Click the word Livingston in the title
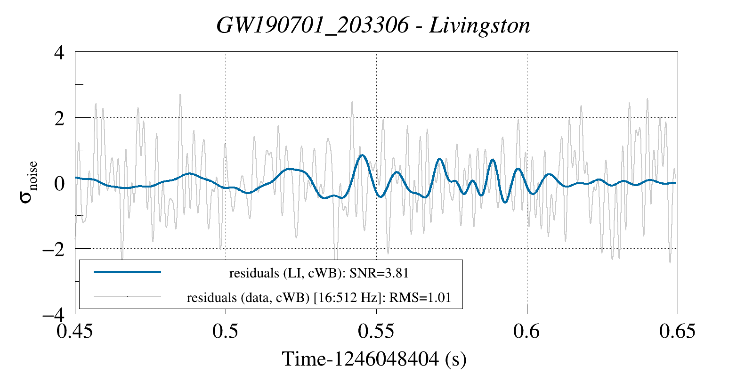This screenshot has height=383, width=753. pos(480,25)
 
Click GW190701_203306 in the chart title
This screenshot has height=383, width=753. pos(313,25)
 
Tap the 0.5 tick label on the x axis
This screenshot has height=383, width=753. pos(226,331)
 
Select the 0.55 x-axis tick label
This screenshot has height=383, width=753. pos(376,331)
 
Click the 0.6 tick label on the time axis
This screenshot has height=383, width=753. pos(527,331)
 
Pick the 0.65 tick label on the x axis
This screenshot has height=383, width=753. pos(677,331)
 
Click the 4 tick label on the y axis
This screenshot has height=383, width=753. pos(59,52)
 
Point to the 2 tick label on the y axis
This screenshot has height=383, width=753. pos(59,118)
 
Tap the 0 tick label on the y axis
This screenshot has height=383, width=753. pos(59,183)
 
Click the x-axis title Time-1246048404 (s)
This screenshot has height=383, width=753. pos(374,359)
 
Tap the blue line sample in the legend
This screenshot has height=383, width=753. pos(128,272)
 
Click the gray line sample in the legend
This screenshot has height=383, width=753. pos(128,297)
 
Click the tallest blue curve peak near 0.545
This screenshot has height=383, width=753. pos(362,155)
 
